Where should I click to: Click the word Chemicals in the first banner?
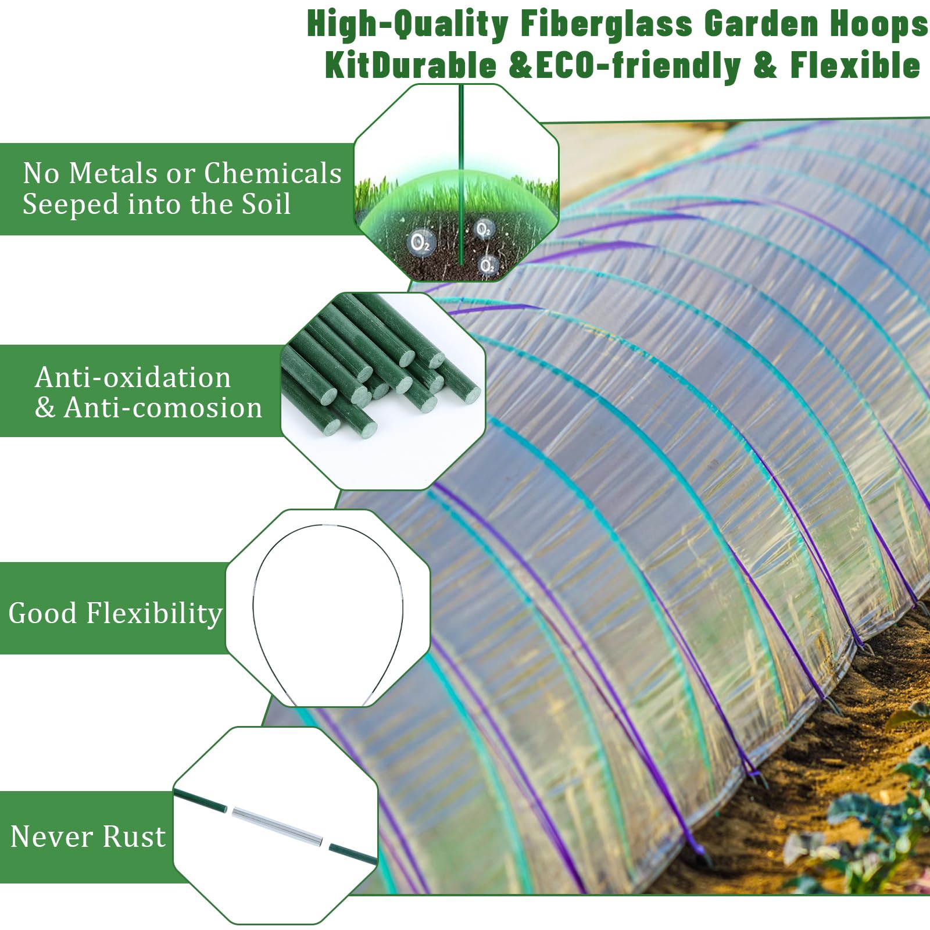click(273, 173)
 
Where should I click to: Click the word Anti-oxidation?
click(133, 378)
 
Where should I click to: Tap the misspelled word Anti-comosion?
click(163, 407)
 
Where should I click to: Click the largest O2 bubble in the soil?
click(421, 242)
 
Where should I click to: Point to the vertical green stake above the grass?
click(462, 128)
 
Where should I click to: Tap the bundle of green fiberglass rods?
click(381, 366)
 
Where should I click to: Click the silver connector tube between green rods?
click(277, 827)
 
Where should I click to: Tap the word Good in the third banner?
click(43, 613)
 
